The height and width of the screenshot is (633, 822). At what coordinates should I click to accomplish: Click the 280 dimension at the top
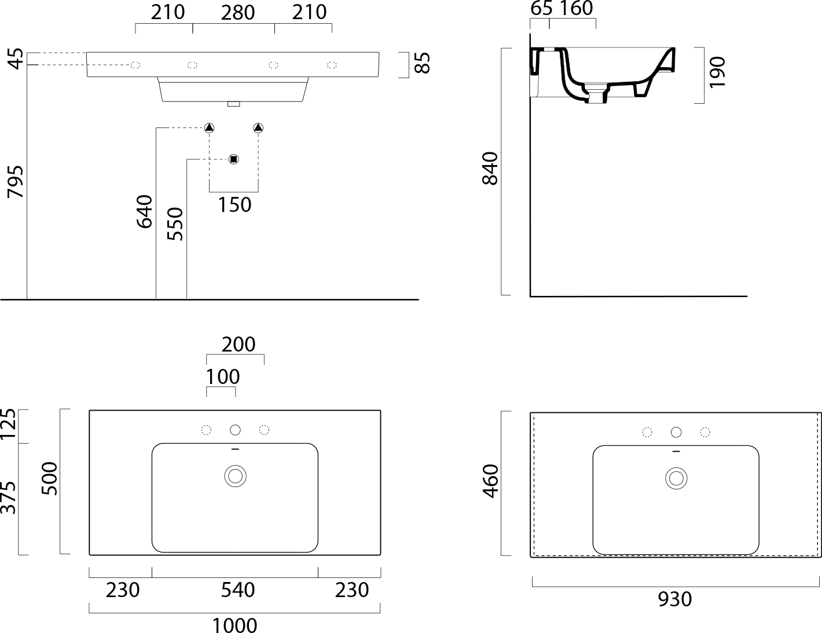(x=237, y=13)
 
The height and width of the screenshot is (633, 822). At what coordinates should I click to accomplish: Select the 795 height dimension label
(x=16, y=182)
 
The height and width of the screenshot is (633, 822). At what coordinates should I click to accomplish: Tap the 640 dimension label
(x=145, y=211)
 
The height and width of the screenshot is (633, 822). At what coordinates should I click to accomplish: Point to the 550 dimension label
(x=175, y=224)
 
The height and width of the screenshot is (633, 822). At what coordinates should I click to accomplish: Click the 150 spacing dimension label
(x=234, y=205)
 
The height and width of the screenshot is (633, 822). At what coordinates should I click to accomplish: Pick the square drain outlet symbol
(x=233, y=159)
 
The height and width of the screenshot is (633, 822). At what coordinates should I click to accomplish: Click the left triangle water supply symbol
(x=209, y=128)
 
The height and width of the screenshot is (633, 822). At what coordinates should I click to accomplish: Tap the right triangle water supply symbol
(x=258, y=128)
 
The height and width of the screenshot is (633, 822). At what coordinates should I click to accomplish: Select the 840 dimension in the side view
(x=490, y=169)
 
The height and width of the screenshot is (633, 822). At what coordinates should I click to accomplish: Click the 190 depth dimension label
(x=717, y=72)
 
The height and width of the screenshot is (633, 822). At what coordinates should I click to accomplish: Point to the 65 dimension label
(x=541, y=8)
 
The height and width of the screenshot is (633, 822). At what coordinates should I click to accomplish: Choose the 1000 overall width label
(x=234, y=625)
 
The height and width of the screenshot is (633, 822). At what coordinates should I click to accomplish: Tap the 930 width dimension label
(x=675, y=599)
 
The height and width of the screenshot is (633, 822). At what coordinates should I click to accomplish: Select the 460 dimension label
(x=491, y=481)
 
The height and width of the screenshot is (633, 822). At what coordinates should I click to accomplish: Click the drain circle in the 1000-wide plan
(x=235, y=477)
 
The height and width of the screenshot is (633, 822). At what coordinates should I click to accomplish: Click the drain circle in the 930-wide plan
(x=676, y=478)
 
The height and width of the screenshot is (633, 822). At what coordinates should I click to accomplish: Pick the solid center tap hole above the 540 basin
(x=235, y=430)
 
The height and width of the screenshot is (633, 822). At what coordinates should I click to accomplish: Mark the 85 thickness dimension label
(x=423, y=63)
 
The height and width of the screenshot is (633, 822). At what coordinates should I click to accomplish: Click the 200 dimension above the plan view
(x=238, y=345)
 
